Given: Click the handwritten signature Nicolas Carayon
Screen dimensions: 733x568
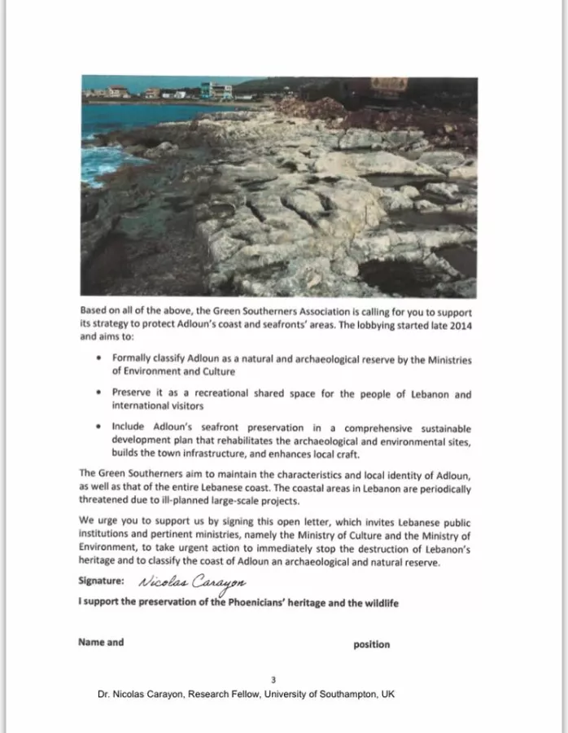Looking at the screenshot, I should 192,582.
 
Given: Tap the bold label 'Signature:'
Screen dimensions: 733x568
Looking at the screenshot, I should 102,582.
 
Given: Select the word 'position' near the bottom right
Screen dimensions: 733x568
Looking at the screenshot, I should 371,644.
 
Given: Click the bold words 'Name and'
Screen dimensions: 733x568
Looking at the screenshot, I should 101,642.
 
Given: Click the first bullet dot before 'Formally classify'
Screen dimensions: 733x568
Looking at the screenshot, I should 98,358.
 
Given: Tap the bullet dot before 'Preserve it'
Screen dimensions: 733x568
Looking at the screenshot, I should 98,393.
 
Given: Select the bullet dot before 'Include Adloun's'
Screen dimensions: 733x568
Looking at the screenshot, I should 98,428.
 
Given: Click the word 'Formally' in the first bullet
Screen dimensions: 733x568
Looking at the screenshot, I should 132,358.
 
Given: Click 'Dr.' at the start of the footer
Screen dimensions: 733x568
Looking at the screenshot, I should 103,694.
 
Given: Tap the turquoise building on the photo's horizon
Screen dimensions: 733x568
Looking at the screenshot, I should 216,90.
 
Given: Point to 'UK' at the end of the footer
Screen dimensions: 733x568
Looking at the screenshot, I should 387,694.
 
